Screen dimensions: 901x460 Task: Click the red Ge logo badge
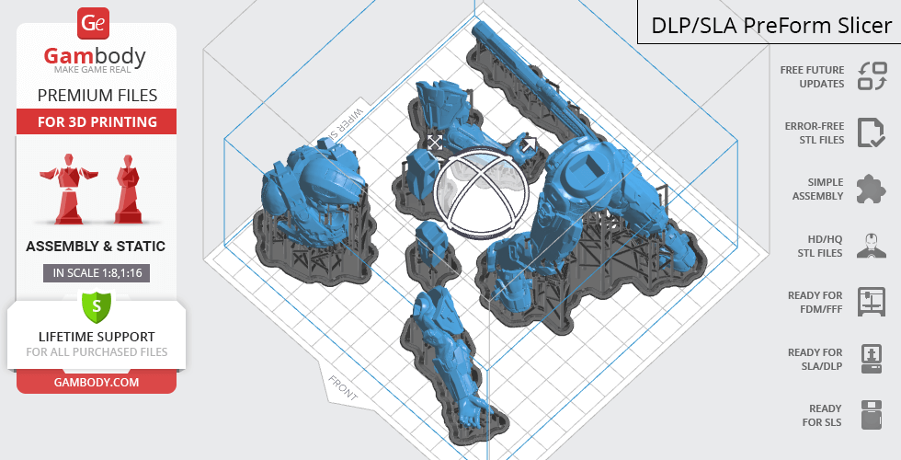pyautogui.click(x=93, y=24)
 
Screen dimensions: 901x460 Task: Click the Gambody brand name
pyautogui.click(x=95, y=56)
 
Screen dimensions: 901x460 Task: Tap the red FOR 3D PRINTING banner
pyautogui.click(x=97, y=121)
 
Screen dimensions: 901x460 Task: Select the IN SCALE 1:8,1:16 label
pyautogui.click(x=97, y=273)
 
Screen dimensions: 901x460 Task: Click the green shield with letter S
pyautogui.click(x=97, y=305)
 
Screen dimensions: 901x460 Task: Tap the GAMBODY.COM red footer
pyautogui.click(x=97, y=383)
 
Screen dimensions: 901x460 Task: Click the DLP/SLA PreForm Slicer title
pyautogui.click(x=771, y=26)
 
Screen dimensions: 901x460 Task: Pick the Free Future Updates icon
pyautogui.click(x=872, y=75)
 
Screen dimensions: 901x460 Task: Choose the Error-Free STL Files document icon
pyautogui.click(x=872, y=132)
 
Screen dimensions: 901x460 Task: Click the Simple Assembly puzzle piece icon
pyautogui.click(x=872, y=190)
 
